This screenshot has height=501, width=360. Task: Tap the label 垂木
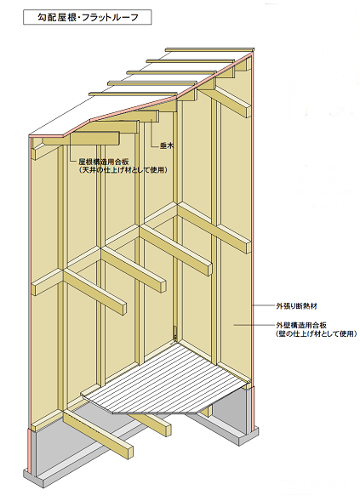coord(166,146)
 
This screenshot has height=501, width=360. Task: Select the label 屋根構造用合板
coord(104,162)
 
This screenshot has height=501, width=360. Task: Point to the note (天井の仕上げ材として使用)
coord(123,169)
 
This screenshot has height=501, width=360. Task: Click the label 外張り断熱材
coord(296,306)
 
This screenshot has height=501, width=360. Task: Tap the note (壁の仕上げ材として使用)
coord(316,334)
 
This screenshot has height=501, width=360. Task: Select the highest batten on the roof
coord(209,50)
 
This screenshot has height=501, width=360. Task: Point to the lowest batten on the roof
coord(133,94)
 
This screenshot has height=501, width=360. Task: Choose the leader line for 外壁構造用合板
coord(254,325)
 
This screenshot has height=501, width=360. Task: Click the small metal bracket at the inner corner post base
coord(174,333)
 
